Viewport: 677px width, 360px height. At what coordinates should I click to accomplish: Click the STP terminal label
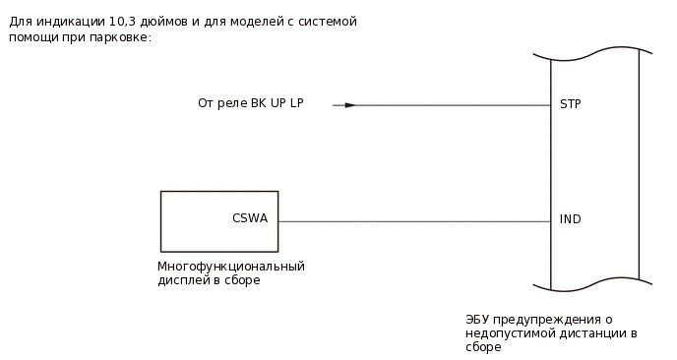(x=570, y=103)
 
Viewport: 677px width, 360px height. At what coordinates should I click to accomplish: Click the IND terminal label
(x=570, y=219)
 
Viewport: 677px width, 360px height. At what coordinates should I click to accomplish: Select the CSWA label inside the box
(x=249, y=218)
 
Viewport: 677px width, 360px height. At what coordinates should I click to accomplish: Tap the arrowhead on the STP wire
(x=349, y=104)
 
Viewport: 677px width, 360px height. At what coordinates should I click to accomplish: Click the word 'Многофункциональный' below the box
(x=231, y=267)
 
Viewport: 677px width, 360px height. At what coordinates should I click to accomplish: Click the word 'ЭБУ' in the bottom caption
(x=477, y=320)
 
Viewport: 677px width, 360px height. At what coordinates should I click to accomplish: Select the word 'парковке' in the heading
(x=124, y=37)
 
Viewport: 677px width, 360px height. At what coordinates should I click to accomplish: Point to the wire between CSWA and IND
(x=413, y=221)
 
